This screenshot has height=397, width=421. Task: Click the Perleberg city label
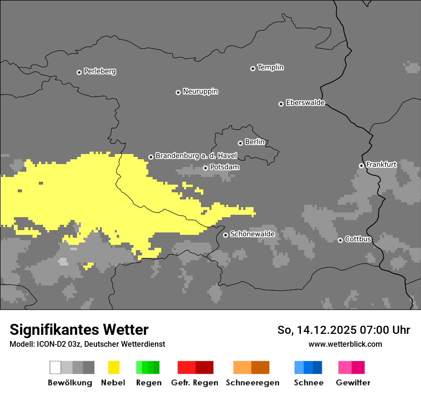[100, 71]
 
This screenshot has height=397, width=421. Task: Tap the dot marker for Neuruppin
[178, 92]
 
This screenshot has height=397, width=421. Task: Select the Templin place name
[270, 67]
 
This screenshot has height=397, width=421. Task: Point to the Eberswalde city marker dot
[281, 104]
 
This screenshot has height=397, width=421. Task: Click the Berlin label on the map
[255, 142]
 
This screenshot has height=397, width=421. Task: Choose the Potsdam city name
[224, 167]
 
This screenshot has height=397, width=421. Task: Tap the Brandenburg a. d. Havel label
[196, 156]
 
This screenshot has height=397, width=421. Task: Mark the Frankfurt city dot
[361, 166]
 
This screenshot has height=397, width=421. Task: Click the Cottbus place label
[358, 239]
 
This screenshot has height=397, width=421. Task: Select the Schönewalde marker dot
[225, 235]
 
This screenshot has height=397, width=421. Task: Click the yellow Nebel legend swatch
[113, 367]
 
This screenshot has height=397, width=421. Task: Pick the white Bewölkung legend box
[55, 367]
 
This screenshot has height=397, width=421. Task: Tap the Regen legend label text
[148, 383]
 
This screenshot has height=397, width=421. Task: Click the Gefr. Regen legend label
[194, 383]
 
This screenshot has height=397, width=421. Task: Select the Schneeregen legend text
[252, 383]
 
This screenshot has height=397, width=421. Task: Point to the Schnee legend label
[308, 383]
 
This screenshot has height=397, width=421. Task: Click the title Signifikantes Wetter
[79, 330]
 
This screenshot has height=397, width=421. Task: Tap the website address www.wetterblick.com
[345, 344]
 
